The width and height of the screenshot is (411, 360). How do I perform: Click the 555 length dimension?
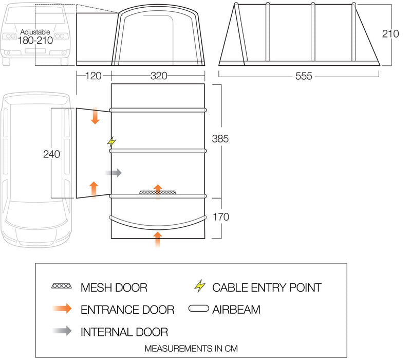304,76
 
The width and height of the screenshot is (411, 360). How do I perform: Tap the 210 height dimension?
390,34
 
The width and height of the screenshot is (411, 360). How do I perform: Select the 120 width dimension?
94,76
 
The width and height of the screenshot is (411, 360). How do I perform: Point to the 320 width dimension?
159,76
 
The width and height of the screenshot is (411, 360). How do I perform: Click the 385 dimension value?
220,139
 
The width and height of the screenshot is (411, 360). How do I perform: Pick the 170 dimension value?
221,217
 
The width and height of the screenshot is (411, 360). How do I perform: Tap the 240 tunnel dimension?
52,154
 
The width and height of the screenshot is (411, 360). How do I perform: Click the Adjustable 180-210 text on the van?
35,37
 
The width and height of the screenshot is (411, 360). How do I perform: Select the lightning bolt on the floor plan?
111,142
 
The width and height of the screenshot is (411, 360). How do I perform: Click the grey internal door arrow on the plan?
114,173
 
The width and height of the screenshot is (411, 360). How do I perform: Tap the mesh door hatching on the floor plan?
158,192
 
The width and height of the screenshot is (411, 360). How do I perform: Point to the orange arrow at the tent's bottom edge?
158,239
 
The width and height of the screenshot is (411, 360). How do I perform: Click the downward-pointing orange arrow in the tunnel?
95,115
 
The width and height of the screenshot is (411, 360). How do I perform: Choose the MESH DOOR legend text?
114,287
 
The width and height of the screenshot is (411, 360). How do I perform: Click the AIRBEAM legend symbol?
199,308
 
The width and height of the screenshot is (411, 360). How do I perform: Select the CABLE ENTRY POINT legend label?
267,287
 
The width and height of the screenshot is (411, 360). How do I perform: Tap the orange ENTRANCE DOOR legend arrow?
62,309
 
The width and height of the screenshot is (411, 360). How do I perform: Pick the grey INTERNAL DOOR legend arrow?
62,331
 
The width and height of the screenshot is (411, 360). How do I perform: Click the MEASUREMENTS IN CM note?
191,349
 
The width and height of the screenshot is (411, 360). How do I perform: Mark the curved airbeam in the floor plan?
158,224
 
